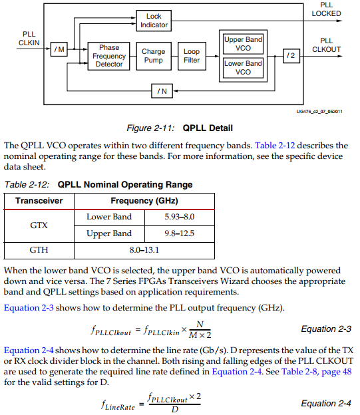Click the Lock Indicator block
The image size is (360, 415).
click(x=154, y=20)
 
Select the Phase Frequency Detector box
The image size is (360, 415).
click(x=109, y=56)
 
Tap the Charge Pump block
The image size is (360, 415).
click(x=154, y=56)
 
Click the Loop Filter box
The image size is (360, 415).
click(x=192, y=56)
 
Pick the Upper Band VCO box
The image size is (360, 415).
click(x=243, y=44)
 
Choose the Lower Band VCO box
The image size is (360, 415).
click(x=243, y=68)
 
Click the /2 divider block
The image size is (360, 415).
click(x=290, y=56)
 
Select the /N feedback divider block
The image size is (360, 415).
click(x=161, y=90)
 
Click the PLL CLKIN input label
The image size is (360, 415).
click(x=29, y=38)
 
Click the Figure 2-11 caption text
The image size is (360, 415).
click(x=179, y=128)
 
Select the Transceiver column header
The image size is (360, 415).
click(x=39, y=201)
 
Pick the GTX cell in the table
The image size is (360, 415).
click(x=39, y=225)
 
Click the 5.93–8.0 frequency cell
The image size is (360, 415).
click(x=180, y=217)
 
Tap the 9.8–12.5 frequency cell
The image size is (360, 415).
click(x=180, y=233)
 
